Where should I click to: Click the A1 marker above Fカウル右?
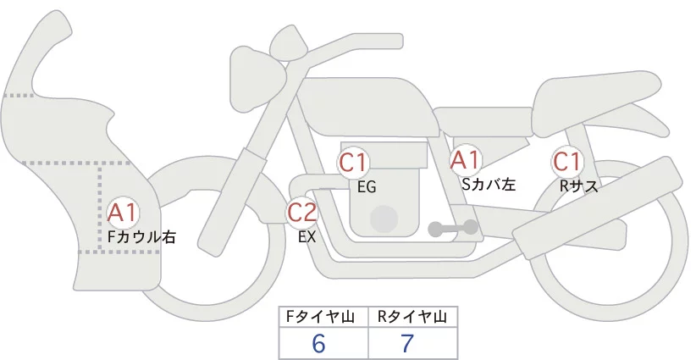124,213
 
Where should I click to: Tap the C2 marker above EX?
302,212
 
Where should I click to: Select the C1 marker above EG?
353,163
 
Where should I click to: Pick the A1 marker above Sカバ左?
466,160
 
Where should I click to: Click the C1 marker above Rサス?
567,162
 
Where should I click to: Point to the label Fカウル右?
142,237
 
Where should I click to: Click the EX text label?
307,237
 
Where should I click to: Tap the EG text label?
367,187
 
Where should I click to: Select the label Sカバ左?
489,184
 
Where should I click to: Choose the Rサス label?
578,186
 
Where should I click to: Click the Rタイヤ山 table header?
413,317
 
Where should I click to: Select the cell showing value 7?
413,343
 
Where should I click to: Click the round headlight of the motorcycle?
257,80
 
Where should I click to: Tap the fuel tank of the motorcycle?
368,107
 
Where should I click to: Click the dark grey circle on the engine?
384,219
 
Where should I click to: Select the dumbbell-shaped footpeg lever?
453,229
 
